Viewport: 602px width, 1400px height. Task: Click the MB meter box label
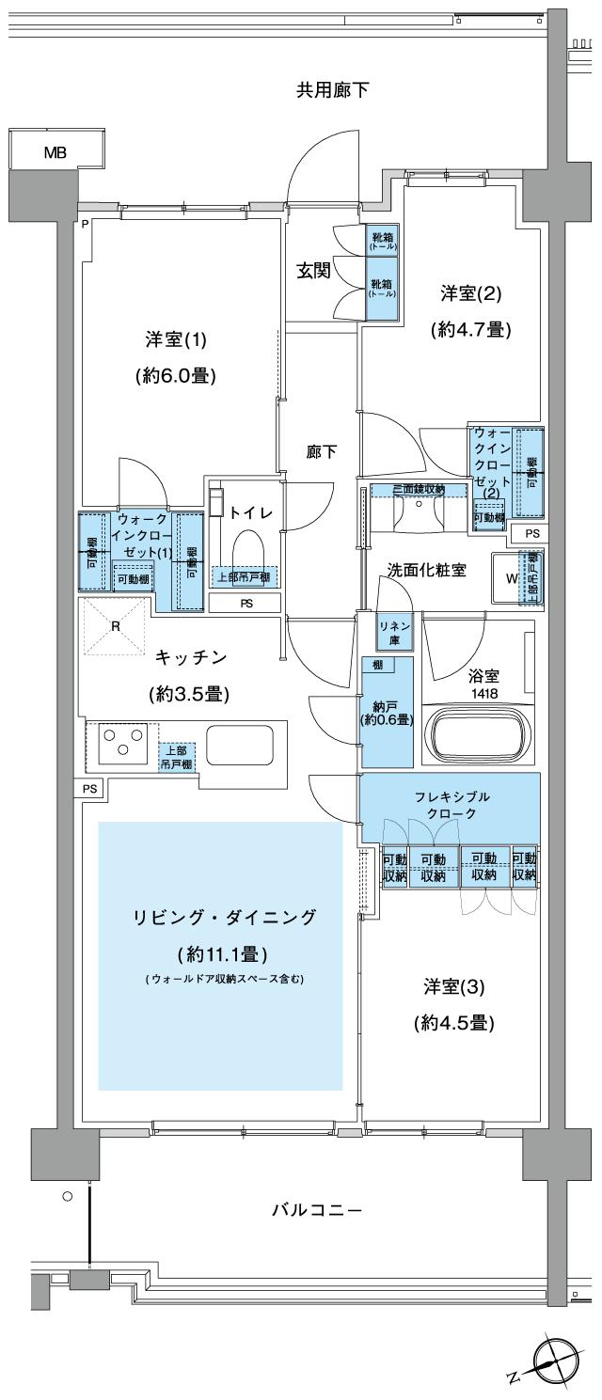point(55,153)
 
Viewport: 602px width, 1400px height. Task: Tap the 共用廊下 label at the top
point(332,90)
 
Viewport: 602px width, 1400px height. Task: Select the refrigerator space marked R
point(113,625)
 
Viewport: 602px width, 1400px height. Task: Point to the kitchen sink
point(238,746)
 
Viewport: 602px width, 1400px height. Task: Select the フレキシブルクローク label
point(450,805)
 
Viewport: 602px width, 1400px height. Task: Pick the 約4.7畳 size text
point(469,330)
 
